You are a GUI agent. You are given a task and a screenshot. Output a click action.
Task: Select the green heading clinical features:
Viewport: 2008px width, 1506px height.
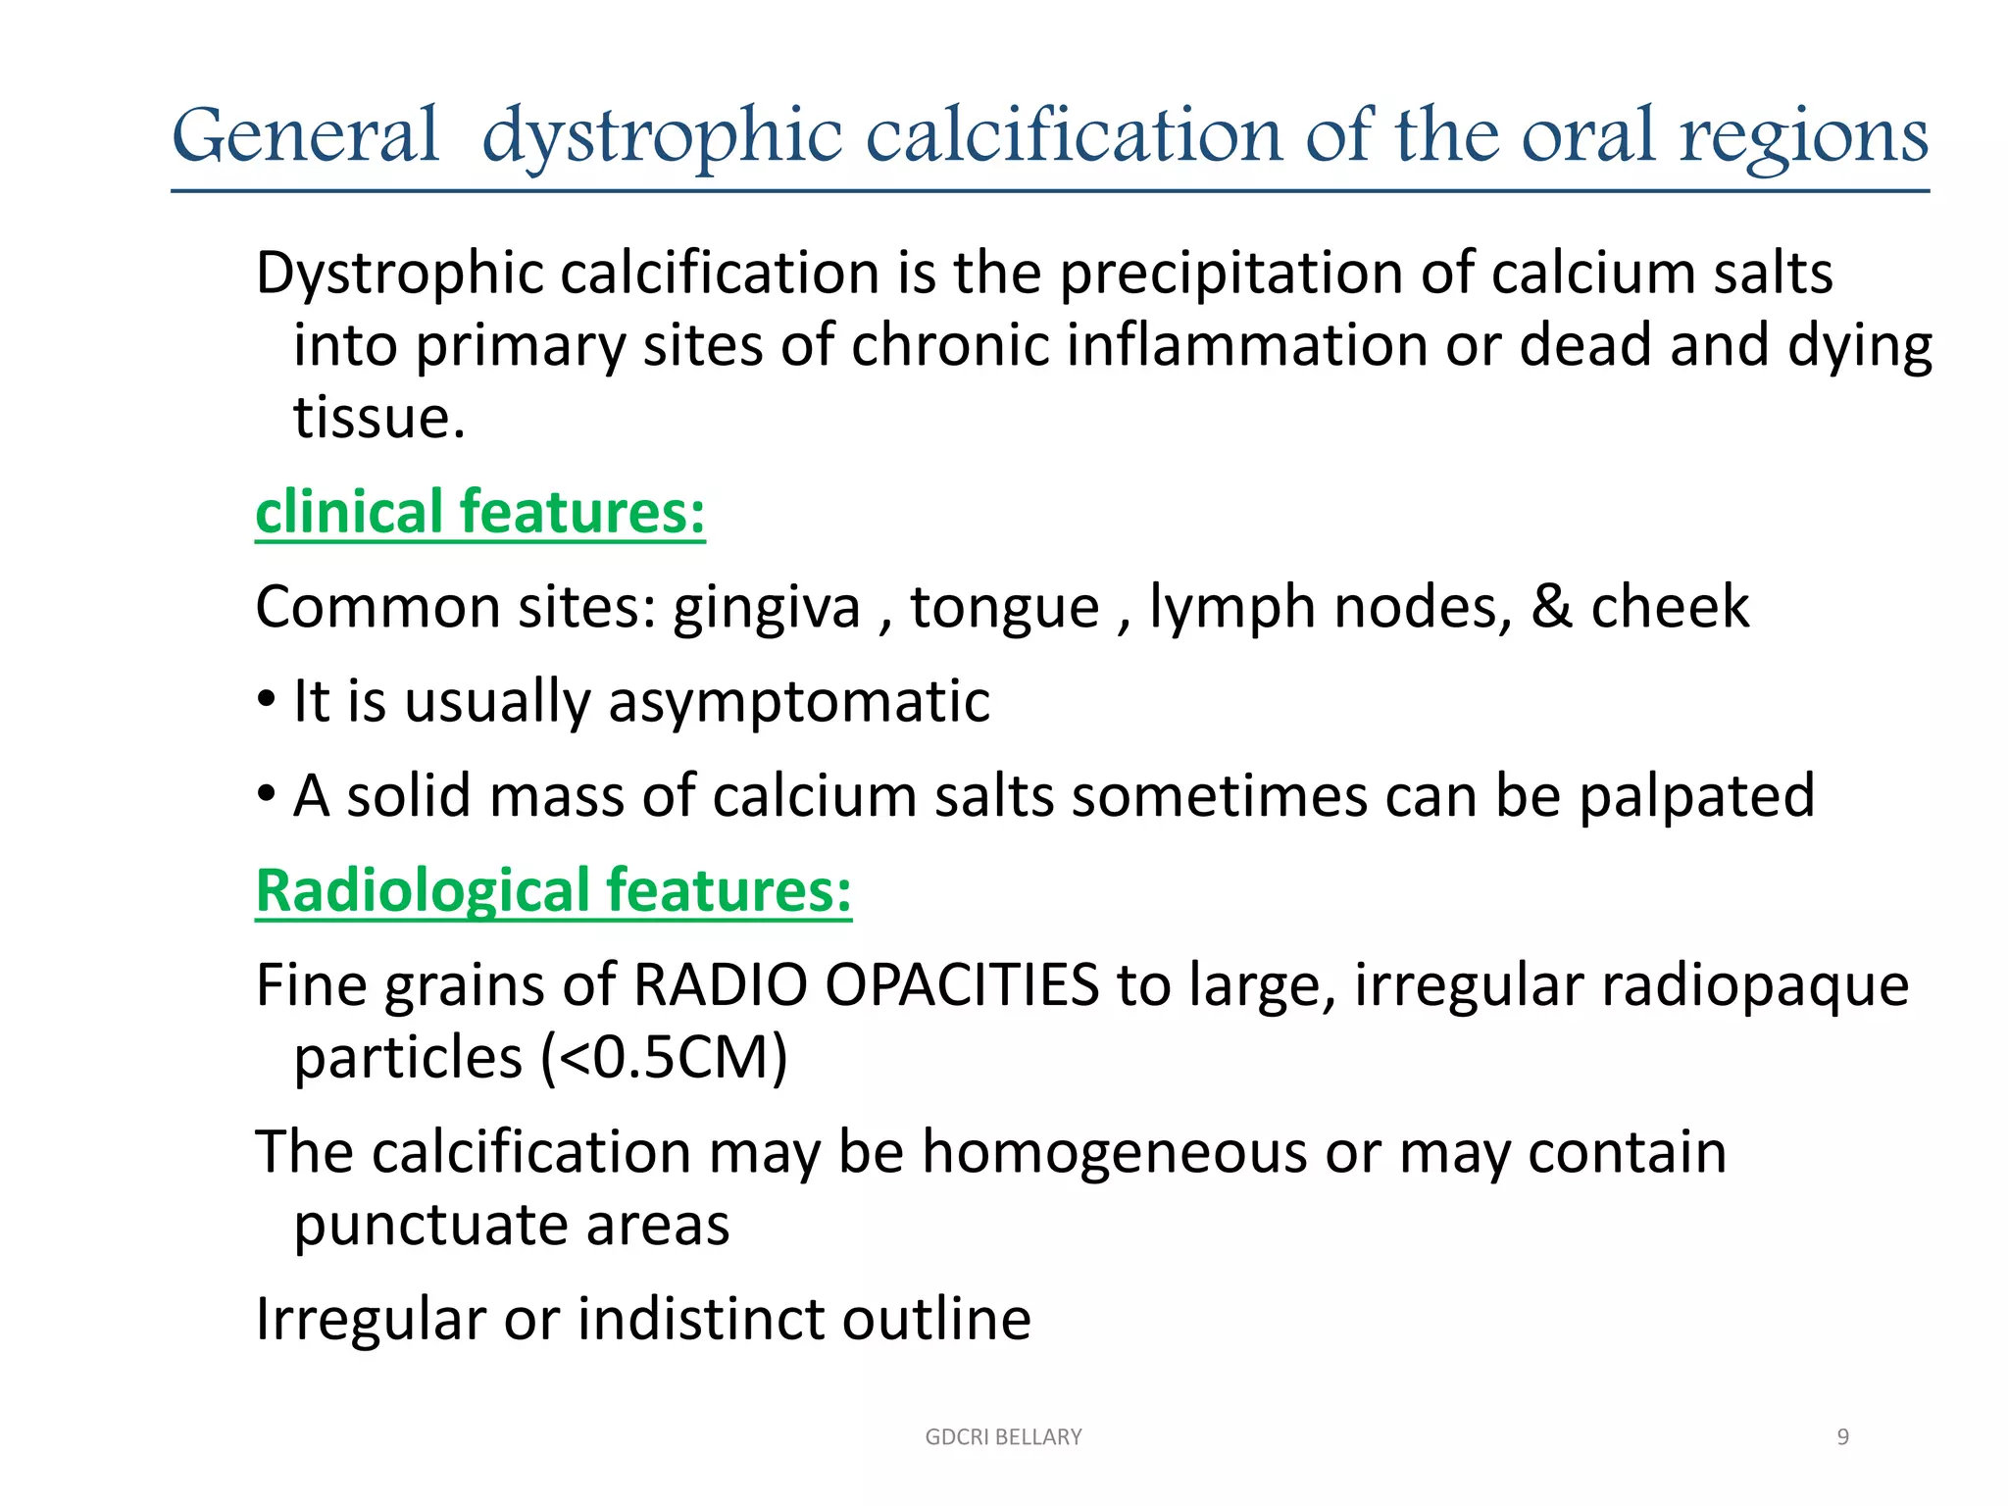point(479,512)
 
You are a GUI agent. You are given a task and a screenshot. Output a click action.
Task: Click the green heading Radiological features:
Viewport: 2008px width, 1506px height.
point(553,890)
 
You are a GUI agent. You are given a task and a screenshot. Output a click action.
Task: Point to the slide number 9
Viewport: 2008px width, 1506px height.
point(1842,1436)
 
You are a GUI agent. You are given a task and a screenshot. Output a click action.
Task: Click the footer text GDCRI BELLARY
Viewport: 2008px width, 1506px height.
point(1003,1436)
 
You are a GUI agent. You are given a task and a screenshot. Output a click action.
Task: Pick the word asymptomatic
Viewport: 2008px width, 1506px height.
point(798,702)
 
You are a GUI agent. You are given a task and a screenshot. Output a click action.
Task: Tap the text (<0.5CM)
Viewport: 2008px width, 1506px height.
point(664,1058)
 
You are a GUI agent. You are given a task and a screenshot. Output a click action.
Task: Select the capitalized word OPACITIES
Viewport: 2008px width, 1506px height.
point(961,984)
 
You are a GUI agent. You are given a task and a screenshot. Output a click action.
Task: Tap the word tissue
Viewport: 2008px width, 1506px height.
point(378,419)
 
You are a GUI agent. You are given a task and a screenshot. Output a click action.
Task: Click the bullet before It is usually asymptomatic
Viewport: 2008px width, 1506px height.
point(266,702)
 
